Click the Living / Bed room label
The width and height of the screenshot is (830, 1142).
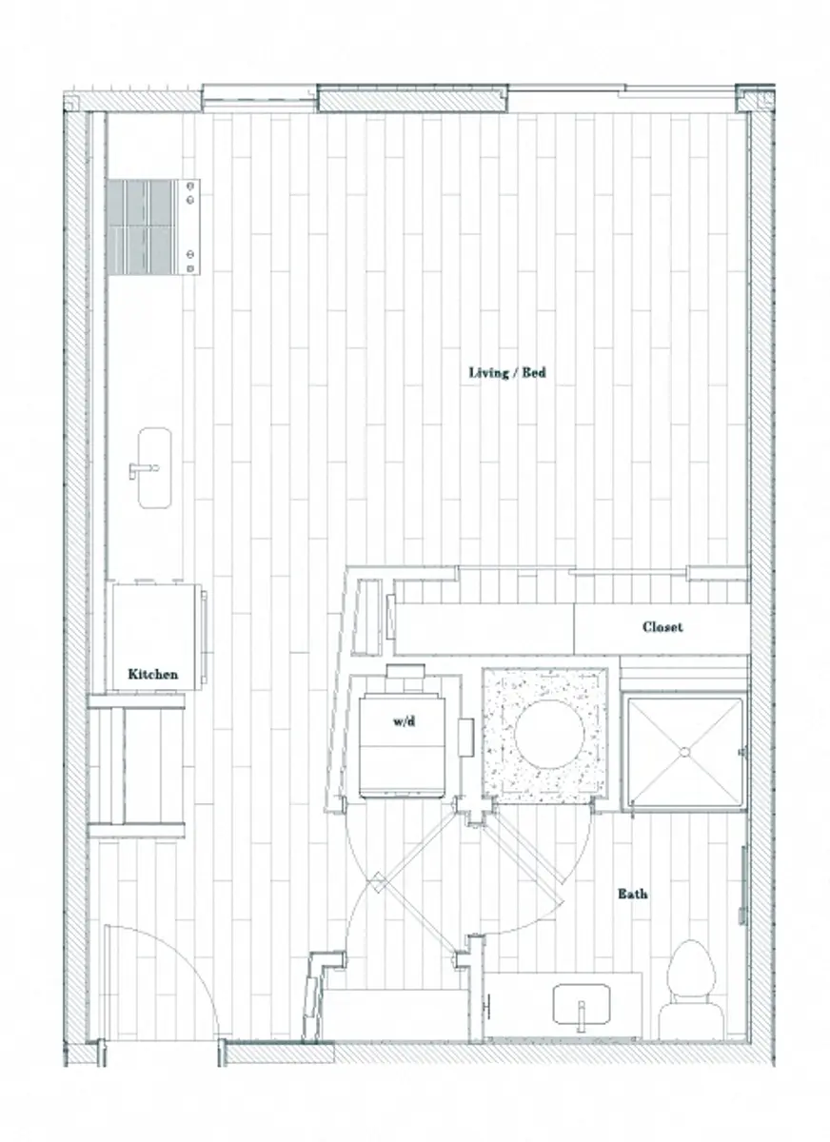506,373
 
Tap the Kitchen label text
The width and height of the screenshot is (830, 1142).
153,674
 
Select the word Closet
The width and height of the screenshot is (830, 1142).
662,627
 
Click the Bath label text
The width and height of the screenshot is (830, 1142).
633,894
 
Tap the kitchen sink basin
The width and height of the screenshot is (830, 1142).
153,466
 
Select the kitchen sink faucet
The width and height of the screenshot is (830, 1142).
141,468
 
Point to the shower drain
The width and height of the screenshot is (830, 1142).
683,752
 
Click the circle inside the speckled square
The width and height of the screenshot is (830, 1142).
544,735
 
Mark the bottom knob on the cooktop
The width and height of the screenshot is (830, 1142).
191,266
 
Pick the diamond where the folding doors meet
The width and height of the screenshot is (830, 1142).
377,882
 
